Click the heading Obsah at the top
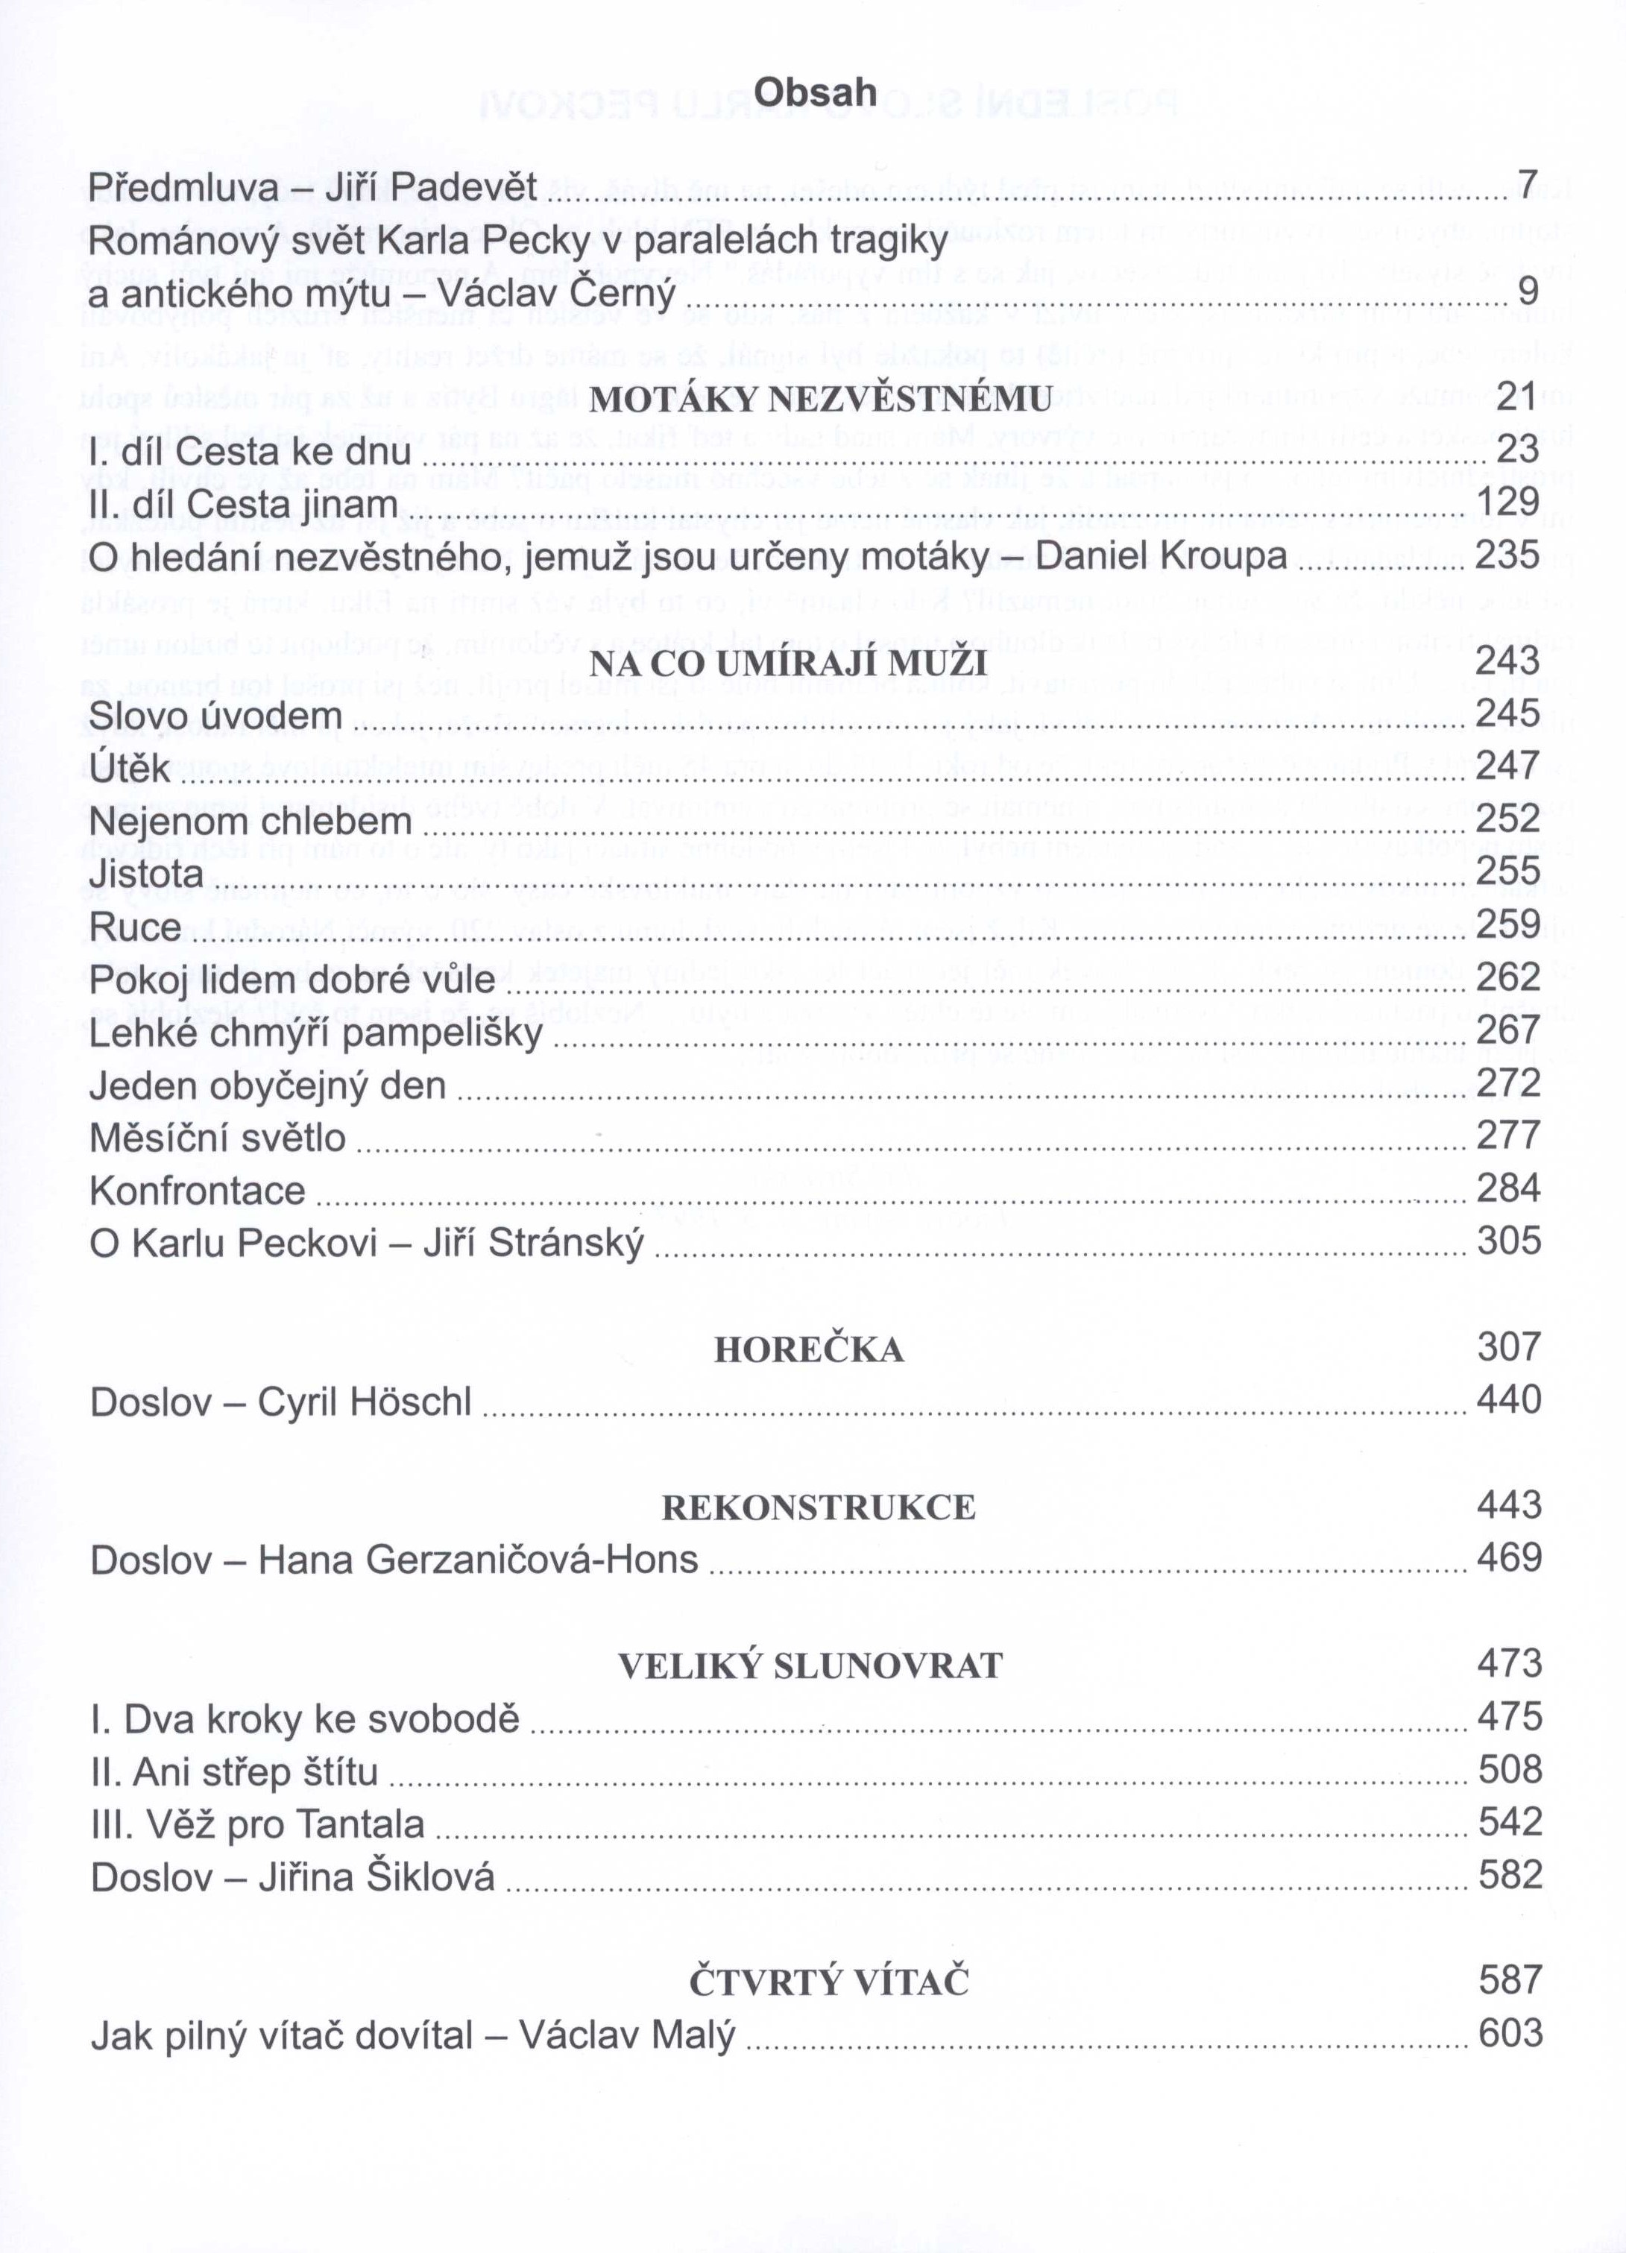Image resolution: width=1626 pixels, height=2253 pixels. tap(814, 92)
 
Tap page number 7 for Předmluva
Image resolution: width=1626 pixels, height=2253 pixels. tap(1528, 184)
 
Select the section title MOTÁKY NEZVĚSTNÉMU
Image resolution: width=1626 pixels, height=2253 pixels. tap(820, 400)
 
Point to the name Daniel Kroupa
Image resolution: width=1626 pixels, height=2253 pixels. tap(1160, 555)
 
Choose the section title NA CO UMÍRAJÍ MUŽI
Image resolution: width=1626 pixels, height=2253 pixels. tap(788, 663)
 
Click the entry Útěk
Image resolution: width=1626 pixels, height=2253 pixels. tap(129, 769)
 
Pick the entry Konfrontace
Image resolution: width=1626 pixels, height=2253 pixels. tap(197, 1190)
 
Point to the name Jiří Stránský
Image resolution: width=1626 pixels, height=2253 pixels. tap(533, 1244)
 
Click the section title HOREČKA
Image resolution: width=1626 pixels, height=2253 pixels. tap(809, 1351)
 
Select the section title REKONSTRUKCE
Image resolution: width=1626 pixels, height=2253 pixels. tap(819, 1508)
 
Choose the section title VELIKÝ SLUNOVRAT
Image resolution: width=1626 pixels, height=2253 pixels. tap(810, 1666)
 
